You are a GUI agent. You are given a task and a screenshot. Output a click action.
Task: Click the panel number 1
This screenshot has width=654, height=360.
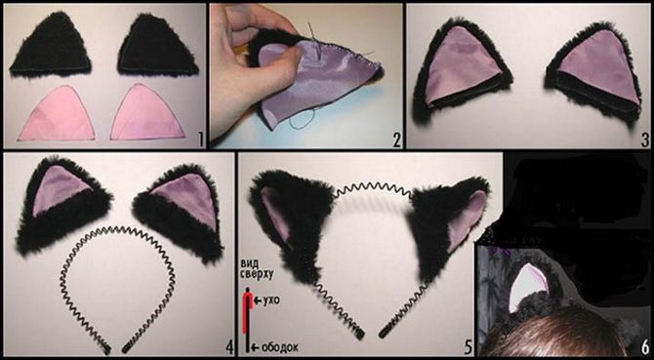click(x=201, y=140)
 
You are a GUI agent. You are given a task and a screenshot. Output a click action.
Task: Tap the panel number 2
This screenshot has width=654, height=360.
click(x=396, y=140)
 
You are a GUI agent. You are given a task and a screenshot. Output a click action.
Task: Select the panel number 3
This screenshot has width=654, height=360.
click(x=645, y=140)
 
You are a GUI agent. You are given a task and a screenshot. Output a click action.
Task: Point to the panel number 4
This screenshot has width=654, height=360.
click(x=228, y=347)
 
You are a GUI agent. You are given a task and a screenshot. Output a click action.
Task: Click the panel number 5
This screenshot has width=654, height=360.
click(x=468, y=347)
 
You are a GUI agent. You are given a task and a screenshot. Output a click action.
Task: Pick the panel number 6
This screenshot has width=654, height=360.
click(x=645, y=347)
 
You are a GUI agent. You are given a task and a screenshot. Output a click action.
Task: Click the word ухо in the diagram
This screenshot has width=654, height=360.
click(x=270, y=300)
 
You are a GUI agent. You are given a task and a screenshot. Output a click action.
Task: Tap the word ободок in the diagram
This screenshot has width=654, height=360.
click(x=279, y=348)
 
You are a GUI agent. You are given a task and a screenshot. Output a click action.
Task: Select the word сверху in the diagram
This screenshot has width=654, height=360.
click(x=257, y=274)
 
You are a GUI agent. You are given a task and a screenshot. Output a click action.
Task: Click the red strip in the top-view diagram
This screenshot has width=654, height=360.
click(x=246, y=313)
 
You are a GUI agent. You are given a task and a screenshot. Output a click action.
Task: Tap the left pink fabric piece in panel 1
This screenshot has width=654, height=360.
click(x=58, y=114)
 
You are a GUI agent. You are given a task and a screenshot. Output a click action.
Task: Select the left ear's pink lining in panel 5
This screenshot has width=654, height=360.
click(x=275, y=213)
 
